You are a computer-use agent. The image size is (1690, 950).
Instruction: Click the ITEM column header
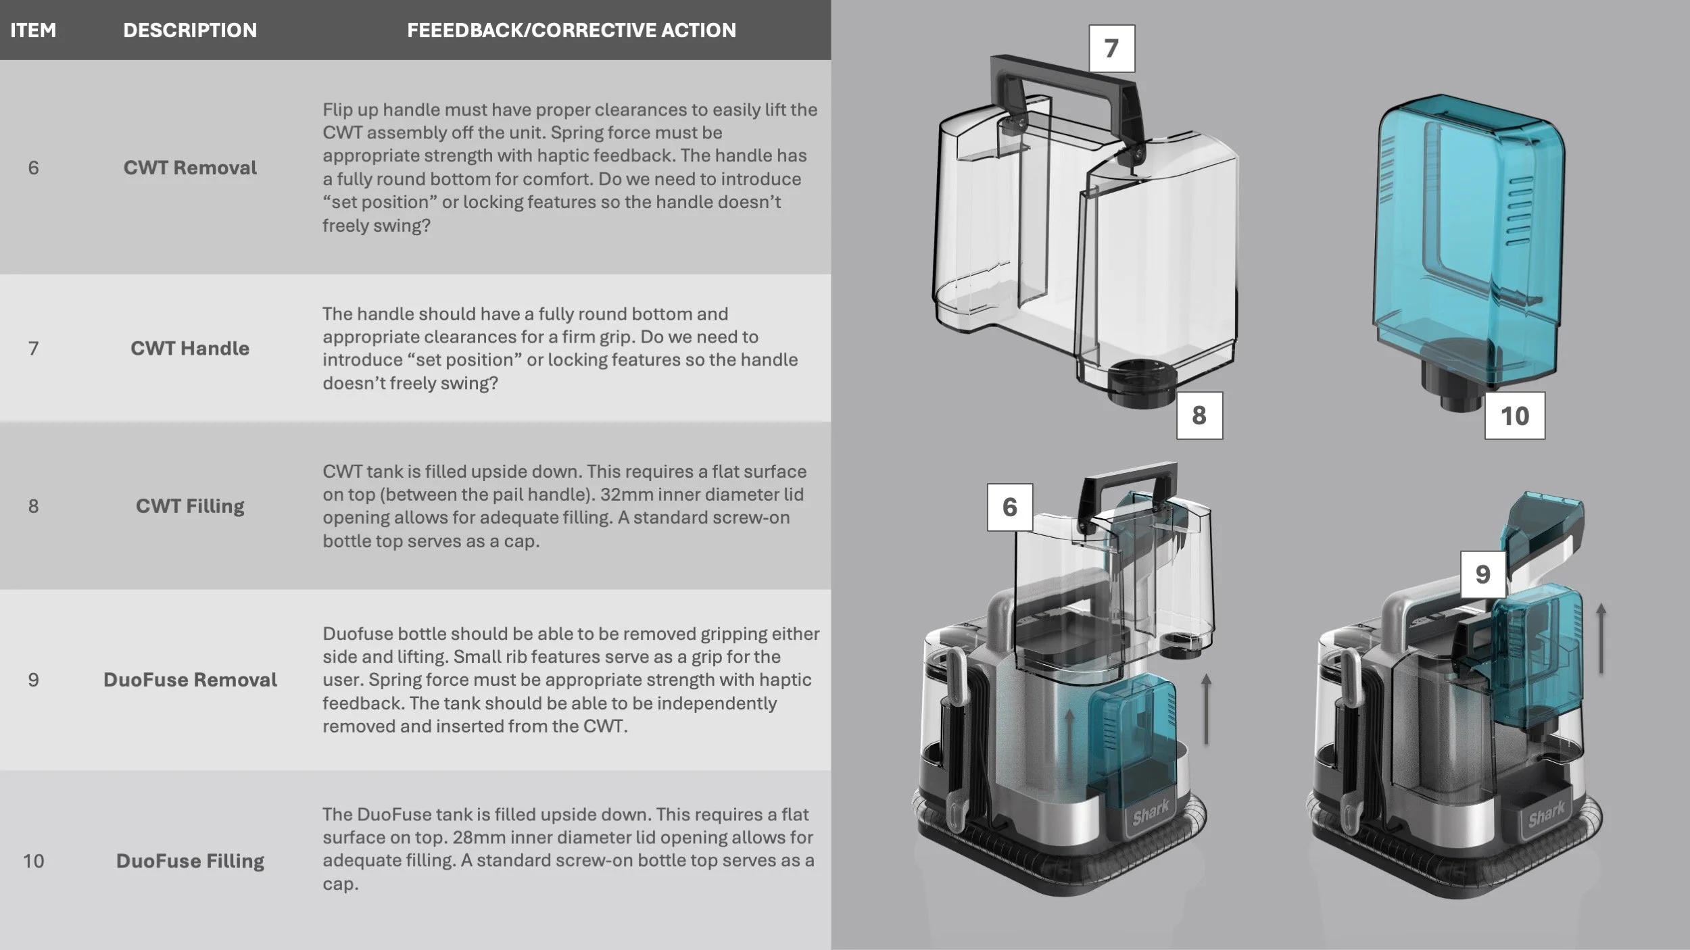coord(33,30)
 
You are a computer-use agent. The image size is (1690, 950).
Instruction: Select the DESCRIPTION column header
coord(190,30)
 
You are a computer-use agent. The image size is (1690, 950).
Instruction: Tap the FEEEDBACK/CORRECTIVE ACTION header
coord(571,30)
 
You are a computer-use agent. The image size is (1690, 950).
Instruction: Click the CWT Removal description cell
coord(190,168)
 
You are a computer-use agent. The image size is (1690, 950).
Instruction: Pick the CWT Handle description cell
coord(190,348)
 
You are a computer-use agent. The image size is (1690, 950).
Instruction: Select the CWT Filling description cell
coord(190,506)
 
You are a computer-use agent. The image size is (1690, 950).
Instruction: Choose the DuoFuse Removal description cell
coord(190,680)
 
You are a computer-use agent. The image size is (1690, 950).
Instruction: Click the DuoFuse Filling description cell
coord(190,861)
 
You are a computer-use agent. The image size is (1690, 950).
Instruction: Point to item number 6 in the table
coord(33,168)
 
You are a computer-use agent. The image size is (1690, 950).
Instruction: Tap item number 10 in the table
coord(33,861)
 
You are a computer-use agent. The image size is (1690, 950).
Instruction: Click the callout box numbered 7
coord(1111,49)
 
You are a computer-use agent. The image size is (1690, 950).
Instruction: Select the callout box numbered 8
coord(1199,416)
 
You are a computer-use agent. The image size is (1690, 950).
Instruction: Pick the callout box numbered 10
coord(1514,416)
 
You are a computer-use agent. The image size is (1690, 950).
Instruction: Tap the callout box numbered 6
coord(1009,507)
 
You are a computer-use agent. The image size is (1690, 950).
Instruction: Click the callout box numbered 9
coord(1483,574)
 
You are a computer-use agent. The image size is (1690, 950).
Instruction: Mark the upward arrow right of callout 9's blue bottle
coord(1600,639)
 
